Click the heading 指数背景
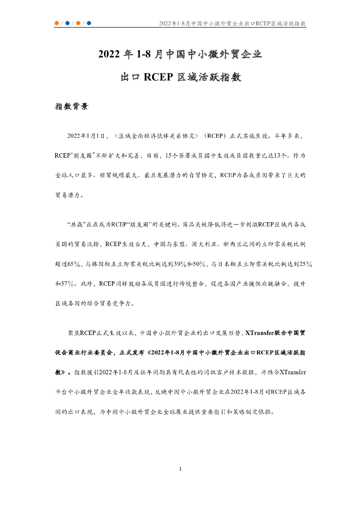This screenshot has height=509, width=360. click(x=72, y=106)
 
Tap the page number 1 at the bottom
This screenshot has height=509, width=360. click(x=180, y=469)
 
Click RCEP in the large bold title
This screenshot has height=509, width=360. click(x=158, y=78)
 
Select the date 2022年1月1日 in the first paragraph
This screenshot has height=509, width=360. click(x=87, y=135)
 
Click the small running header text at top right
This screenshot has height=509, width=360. click(x=232, y=24)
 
